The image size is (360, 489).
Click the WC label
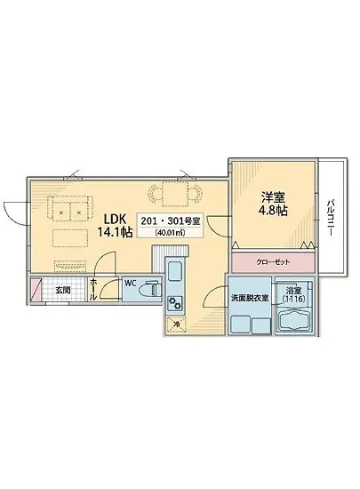click(x=130, y=285)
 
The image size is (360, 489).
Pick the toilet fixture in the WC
click(x=150, y=290)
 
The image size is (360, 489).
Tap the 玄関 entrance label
click(x=63, y=290)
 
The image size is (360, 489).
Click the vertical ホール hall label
click(x=94, y=290)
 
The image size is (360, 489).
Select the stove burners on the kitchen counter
click(x=175, y=304)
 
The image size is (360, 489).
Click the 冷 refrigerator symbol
click(x=176, y=325)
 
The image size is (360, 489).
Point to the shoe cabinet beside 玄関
click(x=36, y=291)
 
